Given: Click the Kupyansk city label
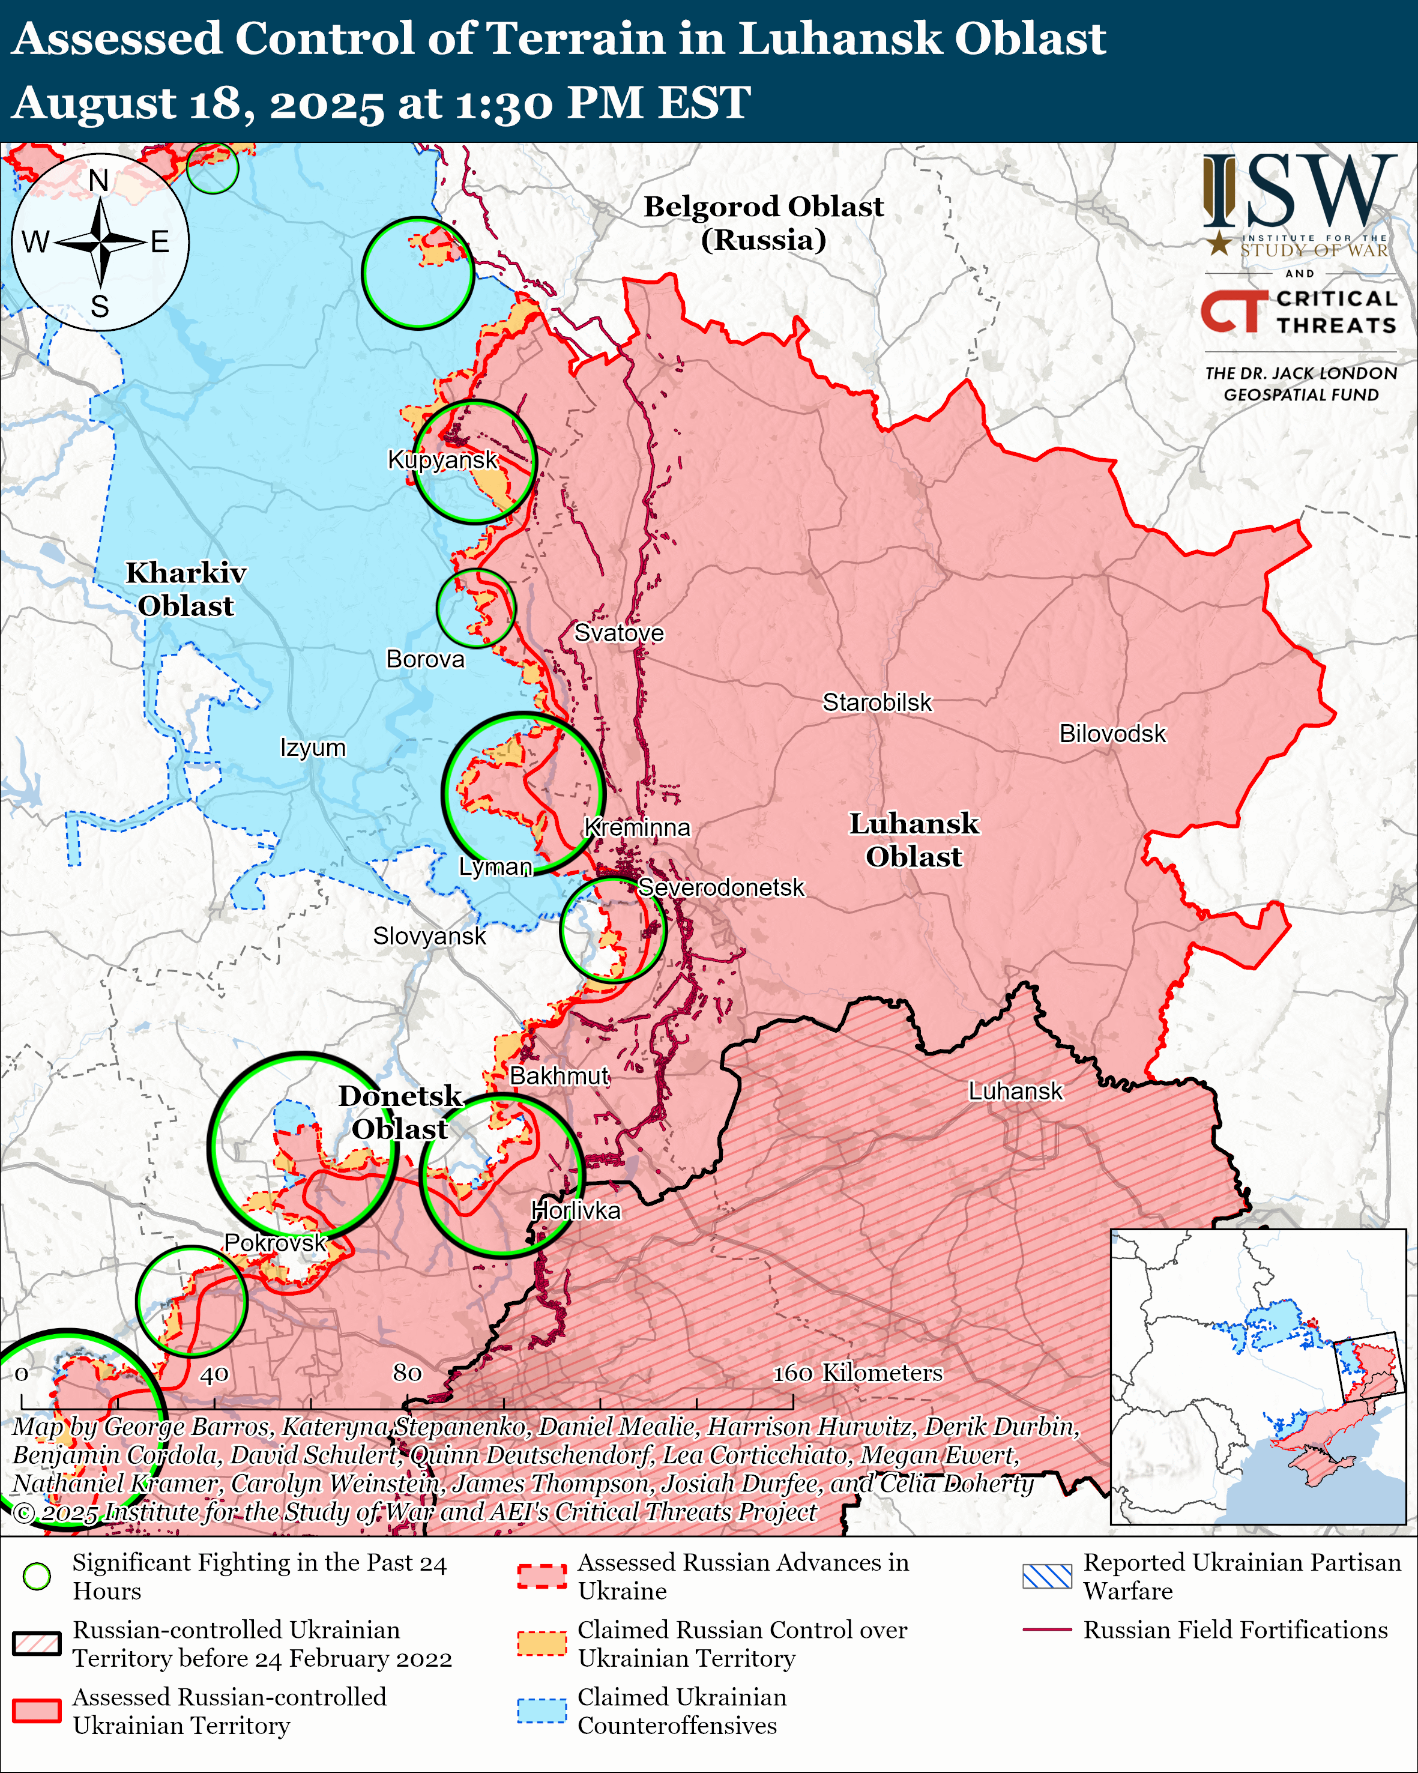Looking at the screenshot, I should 442,460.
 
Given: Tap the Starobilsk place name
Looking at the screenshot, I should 877,702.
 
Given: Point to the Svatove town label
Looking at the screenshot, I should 618,632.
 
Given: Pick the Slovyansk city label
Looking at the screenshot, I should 429,936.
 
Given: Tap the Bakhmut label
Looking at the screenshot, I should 559,1076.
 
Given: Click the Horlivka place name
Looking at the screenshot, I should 575,1210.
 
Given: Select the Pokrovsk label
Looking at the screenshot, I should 276,1243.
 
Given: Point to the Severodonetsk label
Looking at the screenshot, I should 721,887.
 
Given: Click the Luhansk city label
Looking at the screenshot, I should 1015,1092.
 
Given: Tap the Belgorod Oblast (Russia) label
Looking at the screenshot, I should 763,223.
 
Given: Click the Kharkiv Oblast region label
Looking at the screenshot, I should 186,589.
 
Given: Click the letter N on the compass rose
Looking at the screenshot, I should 98,180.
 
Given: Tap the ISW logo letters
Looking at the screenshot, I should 1299,192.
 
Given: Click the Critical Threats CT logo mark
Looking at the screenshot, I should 1233,312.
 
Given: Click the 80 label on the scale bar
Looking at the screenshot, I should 407,1373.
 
